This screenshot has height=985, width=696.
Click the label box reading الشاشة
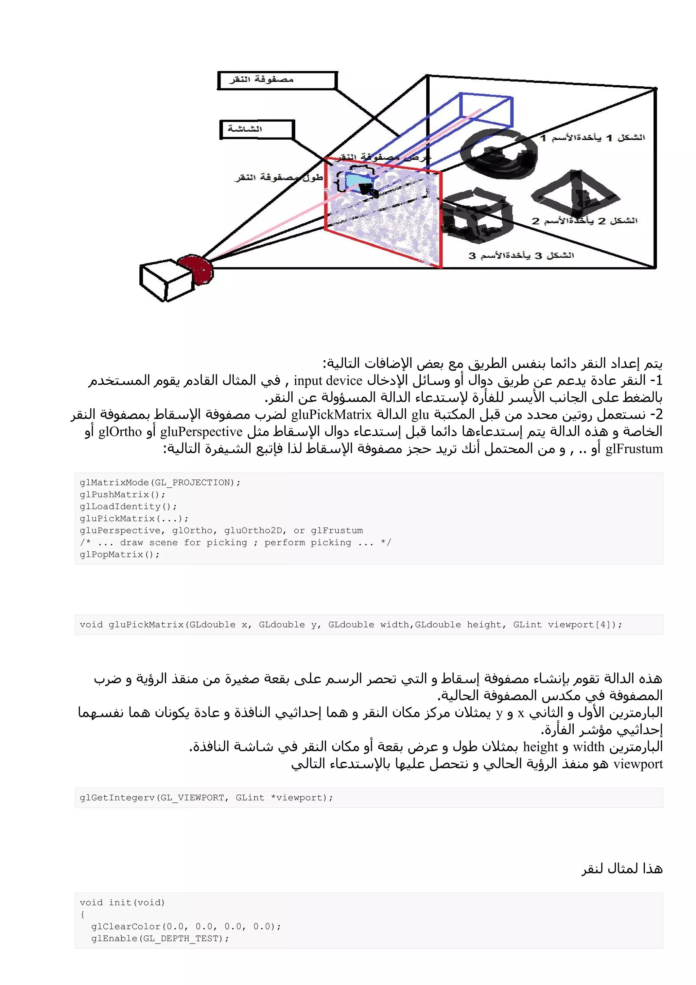pyautogui.click(x=257, y=129)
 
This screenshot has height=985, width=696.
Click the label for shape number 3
pyautogui.click(x=521, y=256)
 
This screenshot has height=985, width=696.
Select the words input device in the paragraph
pyautogui.click(x=328, y=381)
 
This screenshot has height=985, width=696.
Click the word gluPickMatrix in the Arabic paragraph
pyautogui.click(x=331, y=414)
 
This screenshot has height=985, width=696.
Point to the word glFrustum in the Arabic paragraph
pyautogui.click(x=634, y=449)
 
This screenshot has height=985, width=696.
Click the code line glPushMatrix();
pyautogui.click(x=122, y=495)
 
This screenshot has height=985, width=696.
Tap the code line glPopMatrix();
pyautogui.click(x=119, y=554)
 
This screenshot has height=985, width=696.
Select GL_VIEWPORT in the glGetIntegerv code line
pyautogui.click(x=192, y=797)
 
